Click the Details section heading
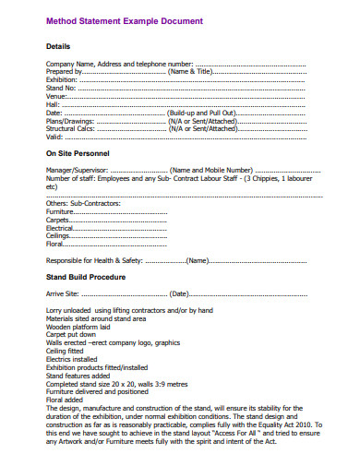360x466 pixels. (x=59, y=45)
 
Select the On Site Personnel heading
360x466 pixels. (x=78, y=153)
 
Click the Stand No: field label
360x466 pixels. (x=61, y=88)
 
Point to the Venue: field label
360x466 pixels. (x=57, y=96)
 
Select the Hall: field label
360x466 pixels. (x=54, y=104)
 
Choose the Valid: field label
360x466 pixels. (x=55, y=137)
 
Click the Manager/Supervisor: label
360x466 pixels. (x=78, y=170)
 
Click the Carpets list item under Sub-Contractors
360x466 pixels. (x=59, y=220)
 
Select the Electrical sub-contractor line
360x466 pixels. (x=61, y=228)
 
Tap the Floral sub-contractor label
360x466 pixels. (x=56, y=245)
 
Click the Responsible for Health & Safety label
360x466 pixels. (x=95, y=260)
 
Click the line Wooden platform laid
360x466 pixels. (x=83, y=327)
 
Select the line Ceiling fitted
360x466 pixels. (x=67, y=351)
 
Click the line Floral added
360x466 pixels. (x=66, y=400)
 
